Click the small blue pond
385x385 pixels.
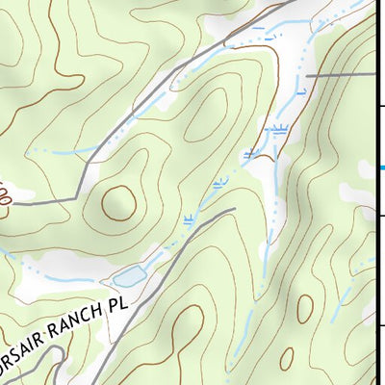click(129, 278)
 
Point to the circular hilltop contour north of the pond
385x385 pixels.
click(118, 202)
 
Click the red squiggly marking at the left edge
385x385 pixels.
click(5, 195)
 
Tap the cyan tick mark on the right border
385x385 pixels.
click(380, 167)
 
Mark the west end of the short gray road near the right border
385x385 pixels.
click(307, 75)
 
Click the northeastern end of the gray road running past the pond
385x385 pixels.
click(234, 210)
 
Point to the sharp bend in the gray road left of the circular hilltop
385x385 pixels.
click(75, 199)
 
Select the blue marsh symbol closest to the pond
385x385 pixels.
click(189, 219)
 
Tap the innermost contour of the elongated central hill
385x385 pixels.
click(205, 118)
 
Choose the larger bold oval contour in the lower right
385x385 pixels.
click(304, 308)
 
